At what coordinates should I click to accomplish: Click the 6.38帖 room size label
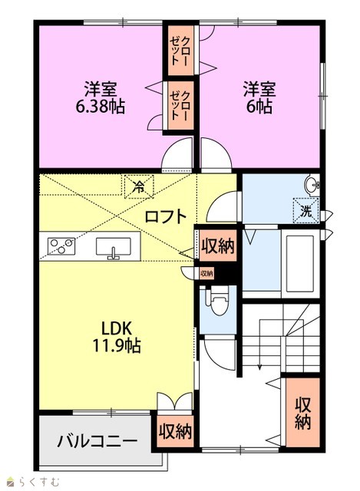pos(100,107)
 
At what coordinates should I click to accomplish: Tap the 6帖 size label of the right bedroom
pos(259,107)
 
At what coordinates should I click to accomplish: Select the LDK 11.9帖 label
pos(116,337)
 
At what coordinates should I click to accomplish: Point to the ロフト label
pos(166,216)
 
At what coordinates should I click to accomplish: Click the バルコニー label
pos(97,441)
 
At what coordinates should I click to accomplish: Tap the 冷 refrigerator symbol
pos(139,187)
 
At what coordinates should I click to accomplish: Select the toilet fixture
pos(219,302)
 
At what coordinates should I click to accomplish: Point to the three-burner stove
pos(61,246)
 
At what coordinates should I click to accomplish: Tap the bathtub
pos(300,263)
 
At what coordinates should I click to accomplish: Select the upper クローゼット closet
pos(181,51)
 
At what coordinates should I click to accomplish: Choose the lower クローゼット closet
pos(181,105)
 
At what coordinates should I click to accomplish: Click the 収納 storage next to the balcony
pos(175,431)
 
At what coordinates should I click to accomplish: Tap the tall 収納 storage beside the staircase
pos(302,412)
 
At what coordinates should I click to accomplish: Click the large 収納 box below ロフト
pos(218,245)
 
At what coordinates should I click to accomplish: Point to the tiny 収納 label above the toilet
pos(206,273)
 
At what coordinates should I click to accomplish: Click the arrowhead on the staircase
pos(259,367)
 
